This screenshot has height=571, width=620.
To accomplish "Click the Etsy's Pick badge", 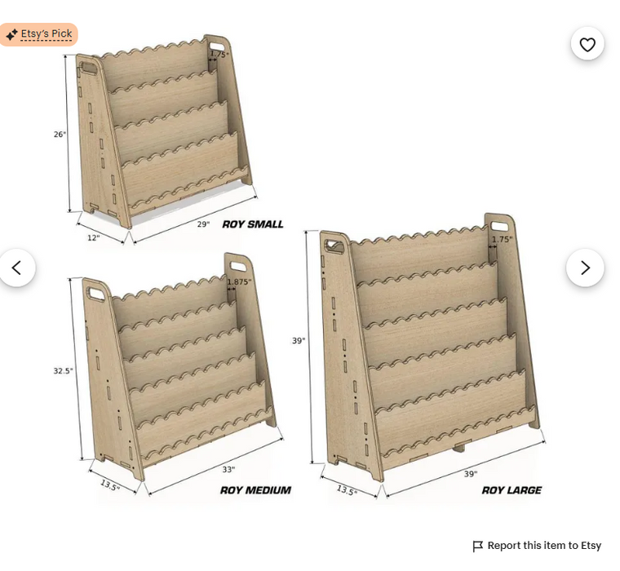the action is pyautogui.click(x=38, y=34).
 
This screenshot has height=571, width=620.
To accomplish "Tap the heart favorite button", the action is pyautogui.click(x=587, y=44).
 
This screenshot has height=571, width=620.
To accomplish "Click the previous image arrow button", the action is pyautogui.click(x=16, y=268).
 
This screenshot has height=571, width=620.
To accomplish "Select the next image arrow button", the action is pyautogui.click(x=585, y=268).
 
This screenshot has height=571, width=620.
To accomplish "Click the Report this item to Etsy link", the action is pyautogui.click(x=537, y=546).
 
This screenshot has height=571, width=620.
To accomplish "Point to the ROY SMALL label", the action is pyautogui.click(x=253, y=224).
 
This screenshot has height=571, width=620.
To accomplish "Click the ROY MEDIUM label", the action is pyautogui.click(x=255, y=490).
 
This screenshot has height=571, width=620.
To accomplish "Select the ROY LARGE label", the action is pyautogui.click(x=511, y=490).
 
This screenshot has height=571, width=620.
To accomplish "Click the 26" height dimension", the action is pyautogui.click(x=60, y=135).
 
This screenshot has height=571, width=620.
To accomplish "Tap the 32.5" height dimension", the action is pyautogui.click(x=64, y=371).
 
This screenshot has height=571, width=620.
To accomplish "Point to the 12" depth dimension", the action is pyautogui.click(x=93, y=237).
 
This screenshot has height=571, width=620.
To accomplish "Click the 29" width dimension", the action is pyautogui.click(x=203, y=224).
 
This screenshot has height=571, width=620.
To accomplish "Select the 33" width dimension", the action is pyautogui.click(x=228, y=469).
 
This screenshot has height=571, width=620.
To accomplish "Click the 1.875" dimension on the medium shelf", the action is pyautogui.click(x=239, y=282).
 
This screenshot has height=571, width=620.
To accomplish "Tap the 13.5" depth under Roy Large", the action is pyautogui.click(x=347, y=490).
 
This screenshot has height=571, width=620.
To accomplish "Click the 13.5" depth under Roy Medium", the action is pyautogui.click(x=109, y=485).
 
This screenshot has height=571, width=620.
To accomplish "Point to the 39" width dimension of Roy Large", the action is pyautogui.click(x=471, y=474).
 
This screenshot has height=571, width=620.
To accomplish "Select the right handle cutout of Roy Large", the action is pyautogui.click(x=499, y=228).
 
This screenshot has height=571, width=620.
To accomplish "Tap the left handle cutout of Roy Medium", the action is pyautogui.click(x=96, y=294).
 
